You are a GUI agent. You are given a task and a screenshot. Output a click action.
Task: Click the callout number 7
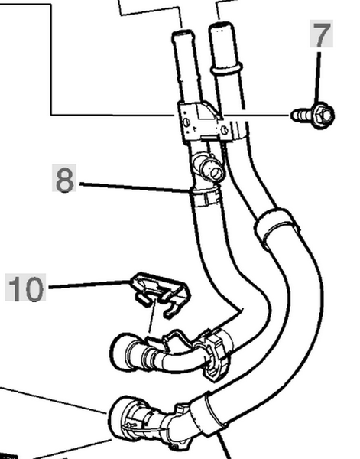pos(321,34)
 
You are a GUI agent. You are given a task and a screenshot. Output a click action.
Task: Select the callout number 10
pos(26,288)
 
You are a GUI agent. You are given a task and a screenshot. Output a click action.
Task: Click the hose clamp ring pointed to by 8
pos(205,197)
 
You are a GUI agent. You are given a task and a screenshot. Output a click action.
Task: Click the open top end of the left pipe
pos(183,32)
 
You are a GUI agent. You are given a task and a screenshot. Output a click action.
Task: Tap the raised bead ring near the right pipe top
pos(226,68)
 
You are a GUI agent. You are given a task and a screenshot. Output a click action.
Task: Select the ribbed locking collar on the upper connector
pos(216,355)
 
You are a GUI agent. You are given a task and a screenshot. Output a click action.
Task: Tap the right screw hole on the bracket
pos(224,130)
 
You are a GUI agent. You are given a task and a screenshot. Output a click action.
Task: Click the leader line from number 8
pos(135,187)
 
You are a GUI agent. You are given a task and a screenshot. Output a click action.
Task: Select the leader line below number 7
pos(318,77)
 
